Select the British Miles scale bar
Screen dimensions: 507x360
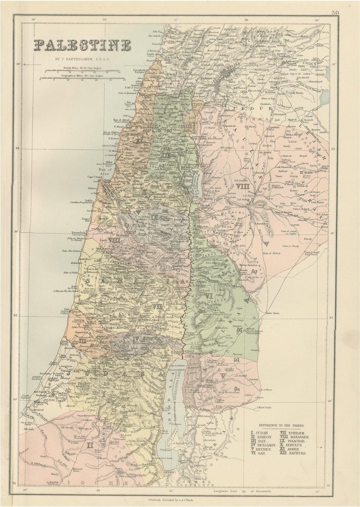click(x=84, y=69)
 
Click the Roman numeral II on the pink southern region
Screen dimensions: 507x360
click(x=89, y=446)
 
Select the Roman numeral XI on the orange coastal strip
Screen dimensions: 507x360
click(x=137, y=137)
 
